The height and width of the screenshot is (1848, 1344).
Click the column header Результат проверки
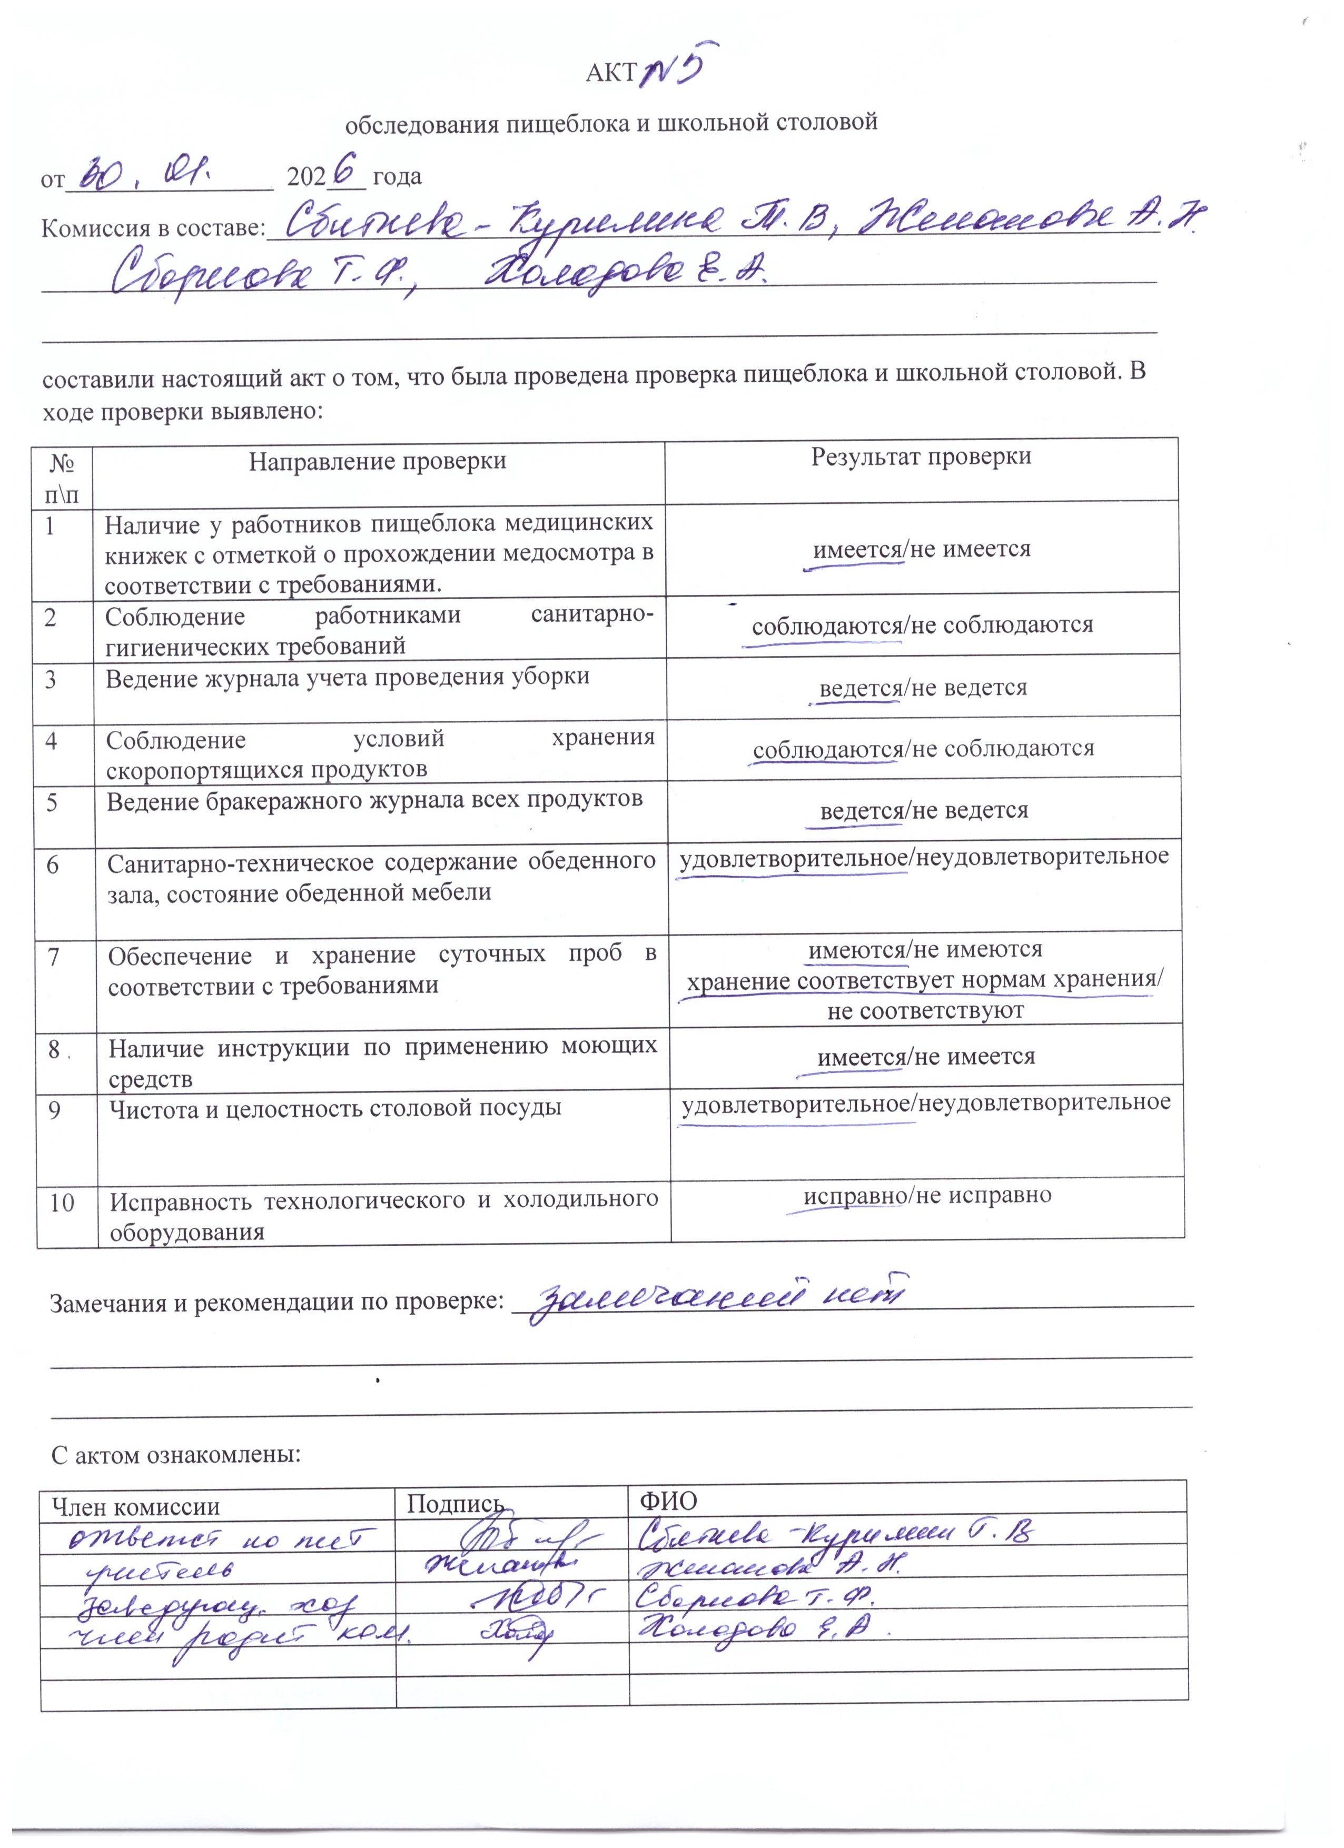click(921, 457)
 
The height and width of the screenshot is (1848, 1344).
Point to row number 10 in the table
click(62, 1203)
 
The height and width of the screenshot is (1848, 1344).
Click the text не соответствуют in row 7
click(926, 1011)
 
